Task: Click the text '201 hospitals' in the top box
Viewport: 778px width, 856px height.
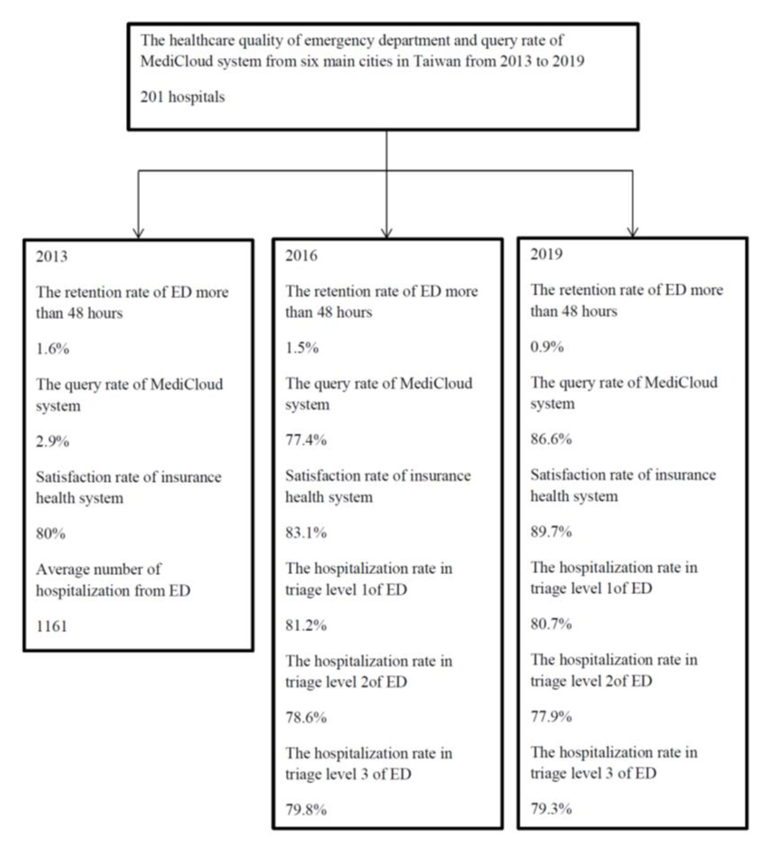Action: point(183,97)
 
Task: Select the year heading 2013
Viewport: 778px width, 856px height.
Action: point(51,257)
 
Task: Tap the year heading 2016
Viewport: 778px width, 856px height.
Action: point(301,256)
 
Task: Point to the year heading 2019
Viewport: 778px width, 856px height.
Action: point(546,254)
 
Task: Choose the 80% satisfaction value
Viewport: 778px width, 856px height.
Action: point(50,533)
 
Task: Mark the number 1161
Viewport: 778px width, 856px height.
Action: point(51,626)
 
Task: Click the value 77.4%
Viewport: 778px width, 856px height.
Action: point(306,440)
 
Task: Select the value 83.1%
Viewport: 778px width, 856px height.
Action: point(306,533)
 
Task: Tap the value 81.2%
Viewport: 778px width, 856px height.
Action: point(306,625)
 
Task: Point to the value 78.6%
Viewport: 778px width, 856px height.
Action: point(306,718)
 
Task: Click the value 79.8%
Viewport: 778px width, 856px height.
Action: point(306,810)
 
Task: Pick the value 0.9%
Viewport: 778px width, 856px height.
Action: point(547,347)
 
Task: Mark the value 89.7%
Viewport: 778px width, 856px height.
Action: point(551,531)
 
